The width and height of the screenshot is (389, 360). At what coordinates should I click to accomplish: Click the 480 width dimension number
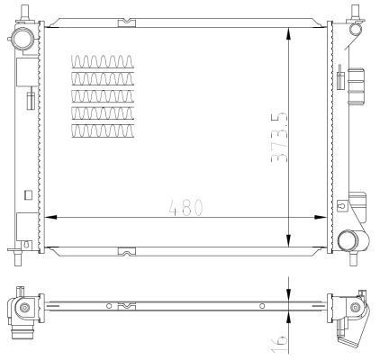186,207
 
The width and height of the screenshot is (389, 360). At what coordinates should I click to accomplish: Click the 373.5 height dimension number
279,138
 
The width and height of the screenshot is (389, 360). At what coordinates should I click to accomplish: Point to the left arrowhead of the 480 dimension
50,217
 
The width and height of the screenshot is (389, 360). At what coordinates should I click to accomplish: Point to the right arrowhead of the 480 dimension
320,217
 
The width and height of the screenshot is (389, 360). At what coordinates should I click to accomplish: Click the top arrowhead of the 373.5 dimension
288,34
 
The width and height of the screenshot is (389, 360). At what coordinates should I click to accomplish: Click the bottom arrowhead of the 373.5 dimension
288,240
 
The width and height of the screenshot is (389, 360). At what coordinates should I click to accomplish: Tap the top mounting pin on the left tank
24,12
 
